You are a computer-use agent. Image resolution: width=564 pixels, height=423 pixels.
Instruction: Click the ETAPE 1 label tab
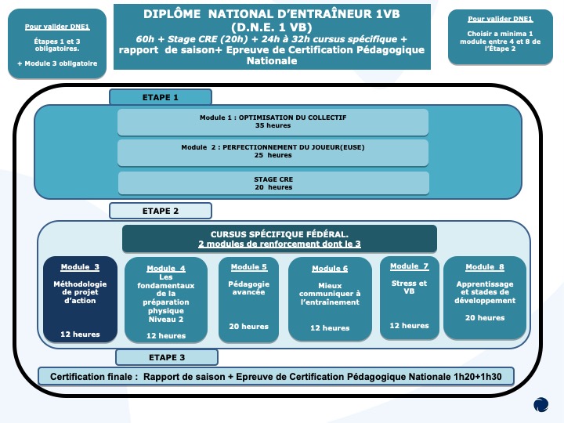tap(161, 97)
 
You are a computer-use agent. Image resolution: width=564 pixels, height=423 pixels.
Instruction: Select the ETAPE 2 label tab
tap(161, 211)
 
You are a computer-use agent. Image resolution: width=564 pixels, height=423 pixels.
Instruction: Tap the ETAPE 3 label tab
tap(167, 357)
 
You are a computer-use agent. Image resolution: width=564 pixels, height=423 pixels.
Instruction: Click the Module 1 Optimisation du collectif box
tap(273, 122)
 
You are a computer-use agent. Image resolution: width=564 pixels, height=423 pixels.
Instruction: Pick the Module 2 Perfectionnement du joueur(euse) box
tap(273, 152)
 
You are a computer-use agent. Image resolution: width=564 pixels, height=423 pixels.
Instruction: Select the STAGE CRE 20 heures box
tap(273, 183)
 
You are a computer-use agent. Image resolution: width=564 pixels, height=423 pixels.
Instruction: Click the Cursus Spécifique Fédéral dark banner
tap(280, 239)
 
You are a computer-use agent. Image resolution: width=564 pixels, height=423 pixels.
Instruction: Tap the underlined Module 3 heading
tap(80, 267)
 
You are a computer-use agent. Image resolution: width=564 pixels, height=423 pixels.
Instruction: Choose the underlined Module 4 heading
tap(166, 269)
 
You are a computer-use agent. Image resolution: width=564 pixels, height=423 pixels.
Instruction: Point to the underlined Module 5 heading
tap(249, 267)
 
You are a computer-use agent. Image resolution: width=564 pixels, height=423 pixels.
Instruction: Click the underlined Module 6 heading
tap(330, 269)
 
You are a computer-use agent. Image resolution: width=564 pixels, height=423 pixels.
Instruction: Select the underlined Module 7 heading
tap(410, 266)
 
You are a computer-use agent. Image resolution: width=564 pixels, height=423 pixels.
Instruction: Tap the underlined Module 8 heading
tap(485, 267)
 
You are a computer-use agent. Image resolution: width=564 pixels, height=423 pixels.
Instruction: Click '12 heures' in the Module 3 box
tap(80, 334)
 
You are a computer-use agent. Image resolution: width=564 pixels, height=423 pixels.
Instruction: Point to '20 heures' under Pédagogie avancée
tap(249, 326)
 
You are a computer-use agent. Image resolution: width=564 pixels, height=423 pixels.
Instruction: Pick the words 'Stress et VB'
tap(410, 287)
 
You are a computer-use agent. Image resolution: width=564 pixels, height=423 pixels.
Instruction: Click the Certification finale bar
tap(276, 376)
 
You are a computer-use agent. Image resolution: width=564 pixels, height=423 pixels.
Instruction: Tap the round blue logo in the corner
tap(541, 404)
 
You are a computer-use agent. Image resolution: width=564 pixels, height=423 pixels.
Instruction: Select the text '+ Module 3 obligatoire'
tap(57, 63)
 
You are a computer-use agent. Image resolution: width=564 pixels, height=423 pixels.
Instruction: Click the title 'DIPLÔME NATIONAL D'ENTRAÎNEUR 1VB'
tap(272, 14)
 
